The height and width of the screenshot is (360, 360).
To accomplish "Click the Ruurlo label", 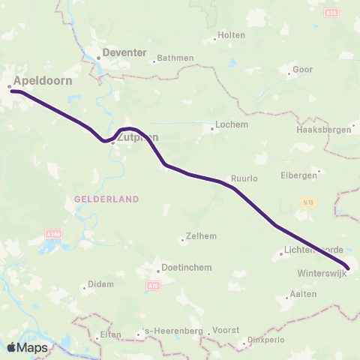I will tap(244, 179).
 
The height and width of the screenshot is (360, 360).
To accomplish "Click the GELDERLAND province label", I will tap(107, 199).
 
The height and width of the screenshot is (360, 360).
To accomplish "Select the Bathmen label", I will tap(176, 58).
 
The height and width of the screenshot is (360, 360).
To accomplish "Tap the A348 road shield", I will tap(52, 234).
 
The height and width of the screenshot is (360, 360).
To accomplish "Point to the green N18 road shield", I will tap(307, 202).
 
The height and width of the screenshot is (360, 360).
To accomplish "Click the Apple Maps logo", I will tap(26, 347).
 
